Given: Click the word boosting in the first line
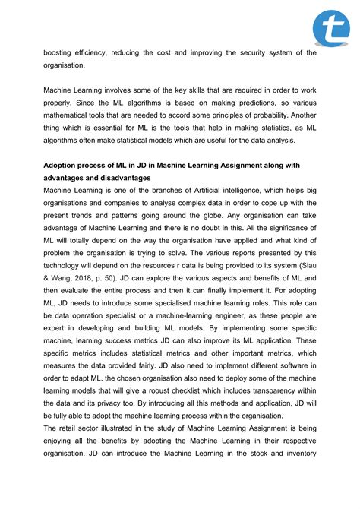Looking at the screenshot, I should (x=61, y=52).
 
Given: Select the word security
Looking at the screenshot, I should (x=245, y=52).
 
